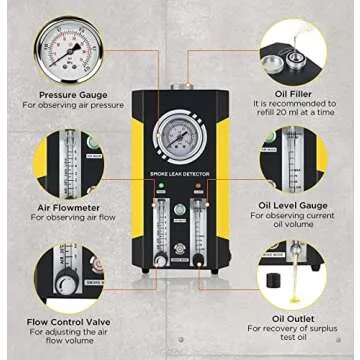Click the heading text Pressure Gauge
72,91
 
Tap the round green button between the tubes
180,210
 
